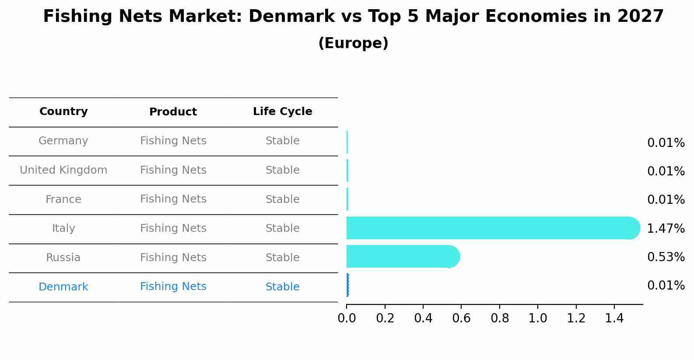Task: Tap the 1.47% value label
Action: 666,228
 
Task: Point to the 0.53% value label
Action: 666,257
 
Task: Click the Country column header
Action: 63,112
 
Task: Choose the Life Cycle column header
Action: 282,112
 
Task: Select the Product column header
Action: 173,112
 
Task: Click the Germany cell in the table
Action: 63,141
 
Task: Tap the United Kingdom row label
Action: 63,170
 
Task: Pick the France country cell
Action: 63,199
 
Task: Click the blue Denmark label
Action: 63,287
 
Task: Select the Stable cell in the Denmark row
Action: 282,287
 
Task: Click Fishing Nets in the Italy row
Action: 173,228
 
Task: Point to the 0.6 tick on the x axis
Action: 461,318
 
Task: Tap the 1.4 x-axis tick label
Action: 614,318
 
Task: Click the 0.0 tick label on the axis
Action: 347,318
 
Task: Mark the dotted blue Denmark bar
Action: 347,285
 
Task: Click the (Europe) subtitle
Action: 353,43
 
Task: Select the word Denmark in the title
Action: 291,17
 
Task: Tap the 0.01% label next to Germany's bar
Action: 666,143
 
